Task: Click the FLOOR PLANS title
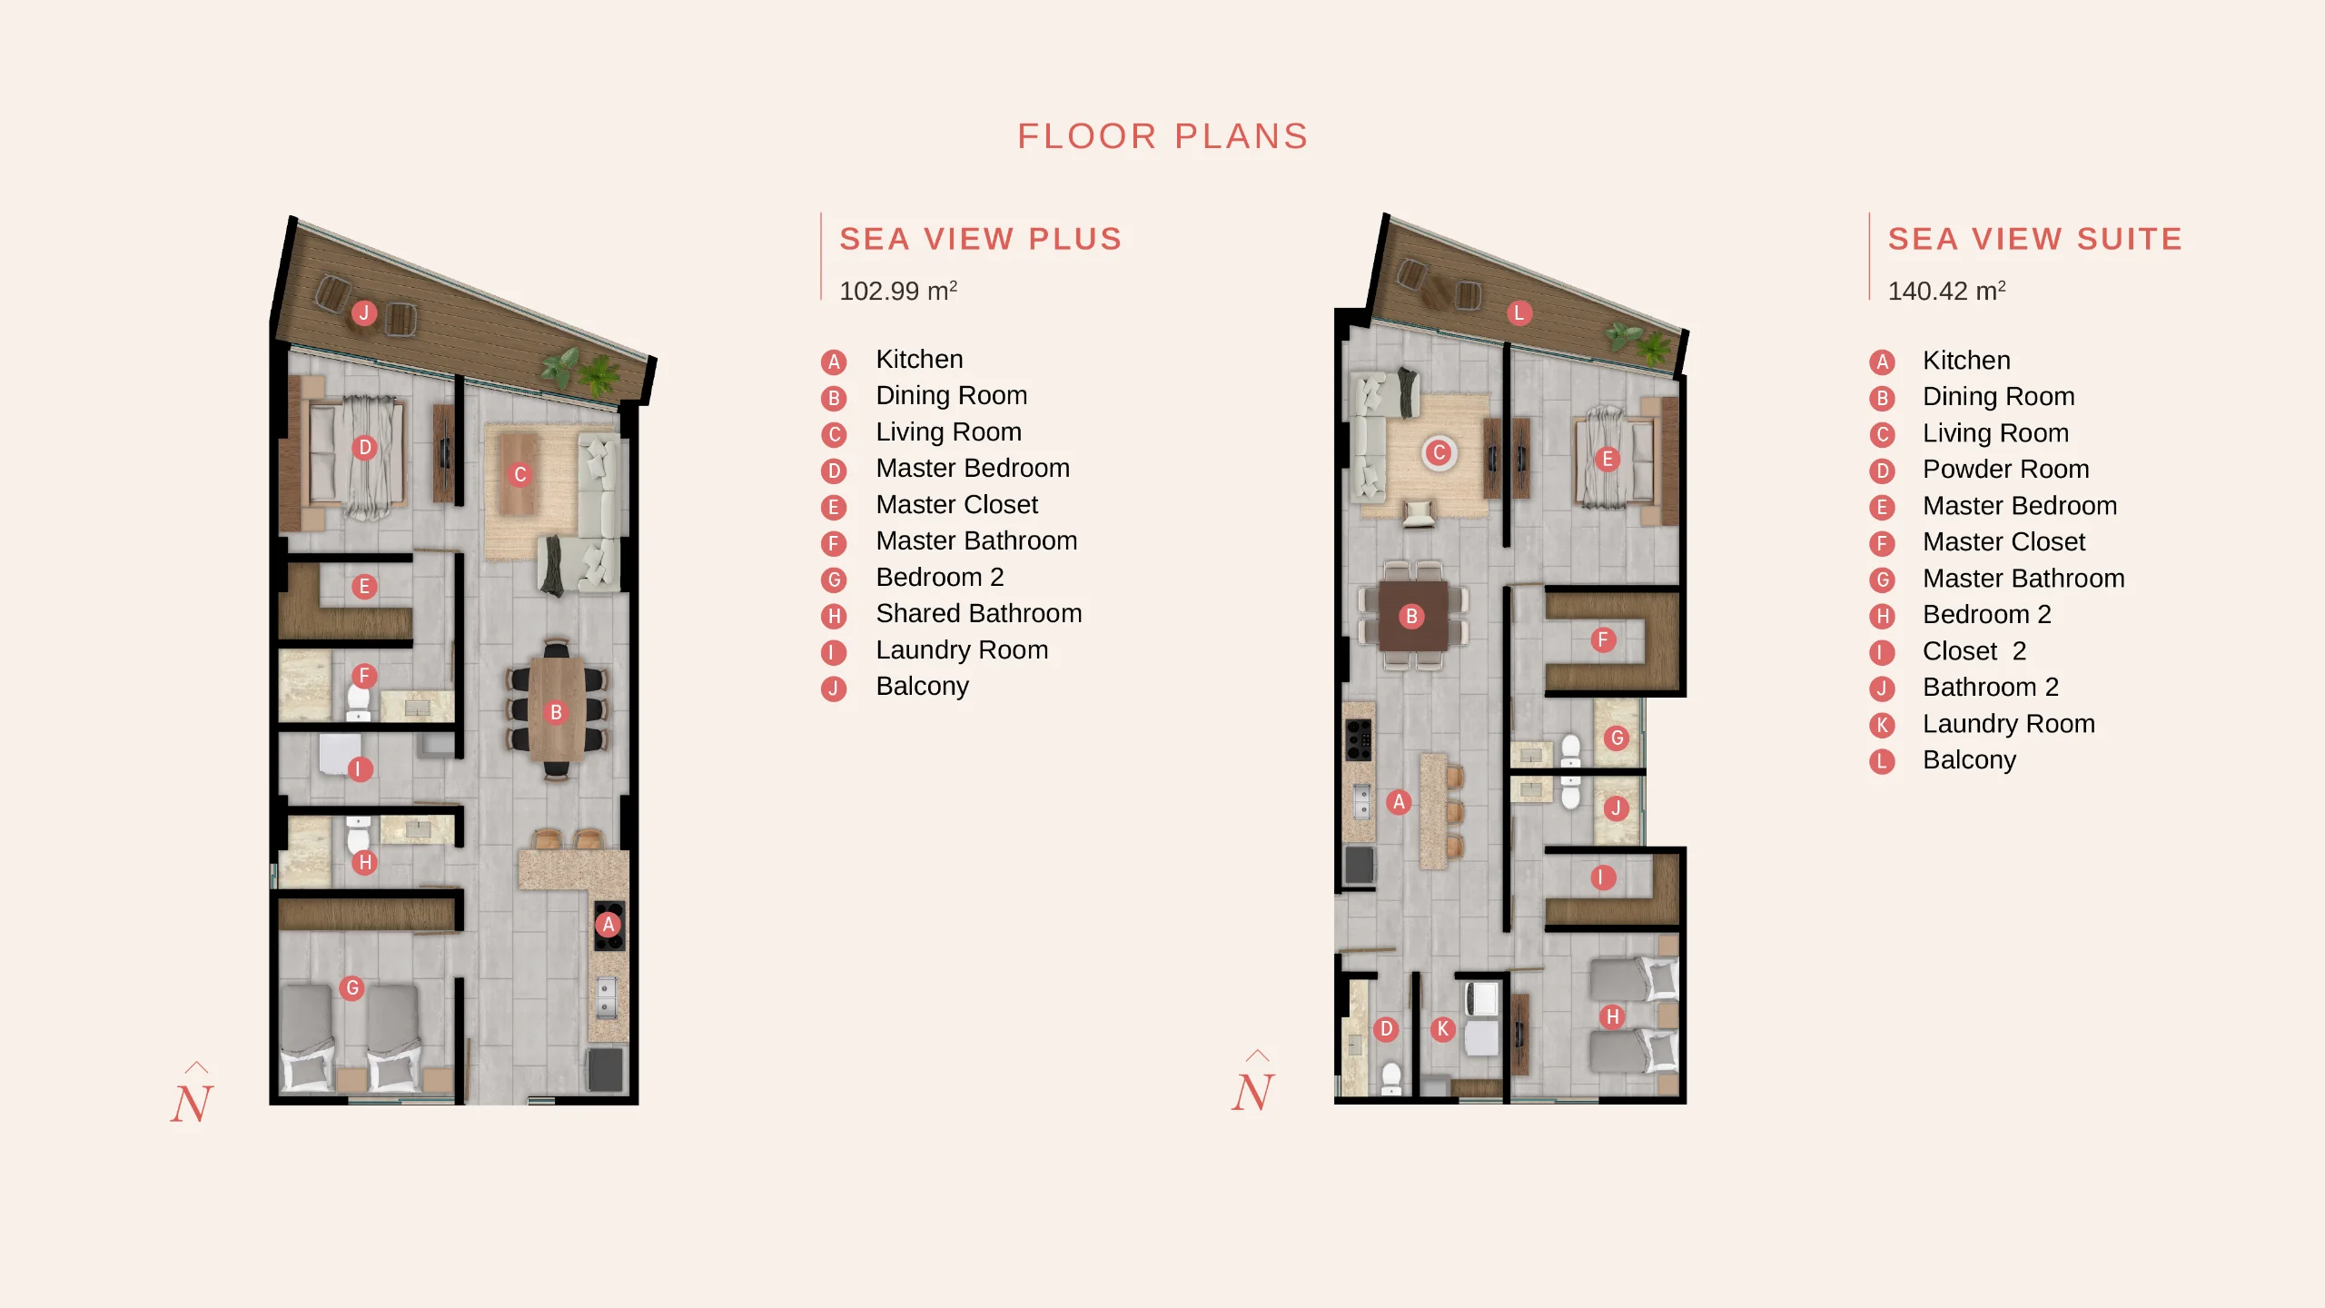(1162, 136)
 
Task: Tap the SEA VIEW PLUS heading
(981, 239)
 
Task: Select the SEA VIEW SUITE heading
(2035, 239)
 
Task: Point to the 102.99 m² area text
(898, 291)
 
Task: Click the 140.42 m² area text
(1946, 291)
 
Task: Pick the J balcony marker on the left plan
(364, 313)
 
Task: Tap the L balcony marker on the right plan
(1519, 313)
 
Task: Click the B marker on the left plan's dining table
(556, 713)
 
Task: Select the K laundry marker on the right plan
(1442, 1029)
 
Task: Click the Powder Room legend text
(2005, 470)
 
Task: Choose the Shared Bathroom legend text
(979, 614)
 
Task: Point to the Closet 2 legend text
(1974, 651)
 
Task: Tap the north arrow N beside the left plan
(193, 1095)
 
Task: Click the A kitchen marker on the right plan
(1399, 802)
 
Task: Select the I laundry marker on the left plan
(359, 769)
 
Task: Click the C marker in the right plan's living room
(1439, 452)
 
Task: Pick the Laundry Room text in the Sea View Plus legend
(962, 650)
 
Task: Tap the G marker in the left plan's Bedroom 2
(352, 988)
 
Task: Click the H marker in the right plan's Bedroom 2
(1612, 1017)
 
